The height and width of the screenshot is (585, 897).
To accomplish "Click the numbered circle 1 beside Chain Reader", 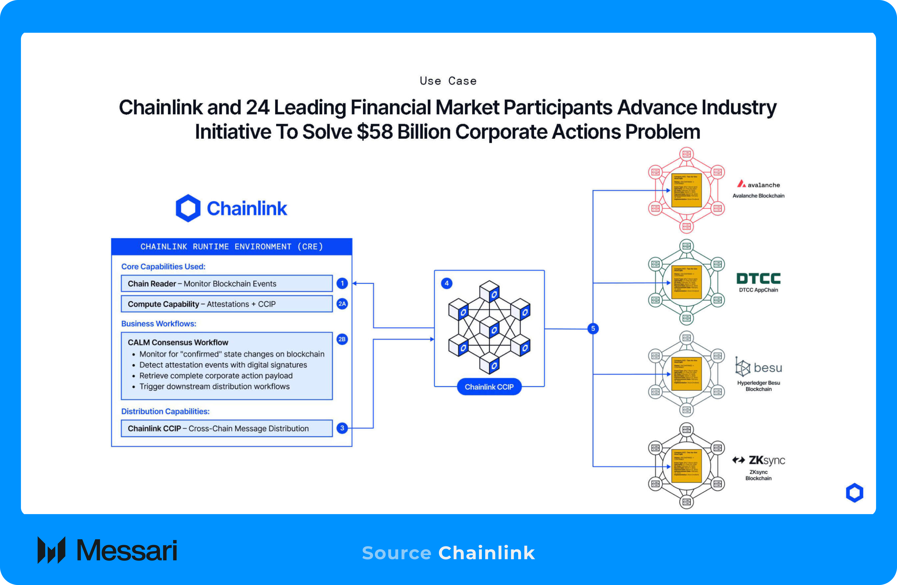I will (342, 283).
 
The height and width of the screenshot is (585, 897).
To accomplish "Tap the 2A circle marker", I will (342, 304).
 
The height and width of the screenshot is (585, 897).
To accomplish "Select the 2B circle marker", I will (342, 339).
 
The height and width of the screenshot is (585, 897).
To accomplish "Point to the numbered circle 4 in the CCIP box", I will (447, 283).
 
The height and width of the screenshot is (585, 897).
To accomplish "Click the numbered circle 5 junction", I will (593, 328).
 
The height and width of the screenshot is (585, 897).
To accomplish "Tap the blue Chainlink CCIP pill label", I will (489, 387).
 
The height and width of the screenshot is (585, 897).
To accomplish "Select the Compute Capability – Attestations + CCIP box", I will (227, 304).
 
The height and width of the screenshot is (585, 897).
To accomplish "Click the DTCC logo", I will (758, 279).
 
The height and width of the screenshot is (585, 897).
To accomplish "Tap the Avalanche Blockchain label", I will (758, 196).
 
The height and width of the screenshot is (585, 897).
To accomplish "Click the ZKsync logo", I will (758, 460).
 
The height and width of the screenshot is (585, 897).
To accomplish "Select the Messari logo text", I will (127, 550).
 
